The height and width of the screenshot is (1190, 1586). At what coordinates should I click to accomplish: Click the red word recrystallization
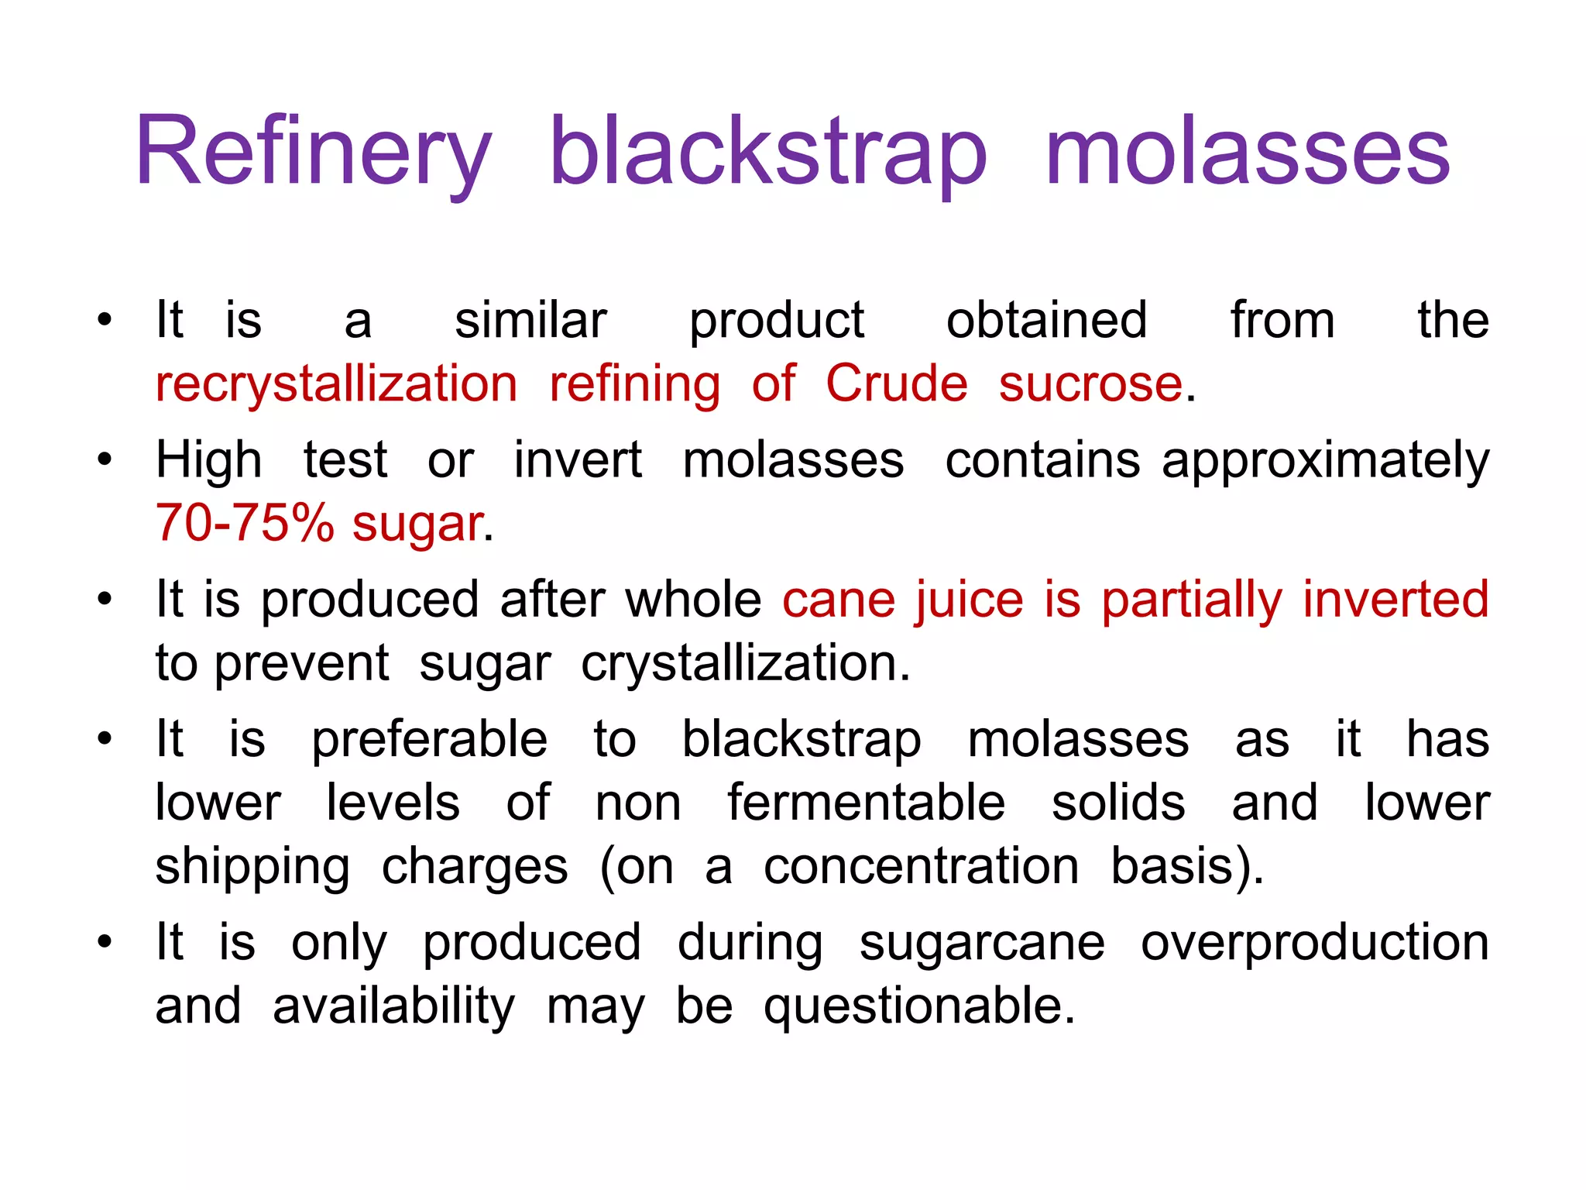pyautogui.click(x=336, y=383)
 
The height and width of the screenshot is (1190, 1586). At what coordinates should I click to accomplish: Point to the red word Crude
pyautogui.click(x=896, y=383)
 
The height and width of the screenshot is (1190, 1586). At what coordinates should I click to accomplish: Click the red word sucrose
pyautogui.click(x=1090, y=383)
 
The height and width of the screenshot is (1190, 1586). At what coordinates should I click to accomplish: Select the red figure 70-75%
pyautogui.click(x=245, y=523)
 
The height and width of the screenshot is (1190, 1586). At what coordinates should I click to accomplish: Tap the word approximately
pyautogui.click(x=1325, y=461)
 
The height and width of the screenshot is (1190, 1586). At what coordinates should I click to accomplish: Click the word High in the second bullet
pyautogui.click(x=208, y=459)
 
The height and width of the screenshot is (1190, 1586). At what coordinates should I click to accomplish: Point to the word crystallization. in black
pyautogui.click(x=745, y=664)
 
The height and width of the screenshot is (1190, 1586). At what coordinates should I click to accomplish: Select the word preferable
pyautogui.click(x=429, y=740)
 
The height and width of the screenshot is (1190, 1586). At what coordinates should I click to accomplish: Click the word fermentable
pyautogui.click(x=866, y=802)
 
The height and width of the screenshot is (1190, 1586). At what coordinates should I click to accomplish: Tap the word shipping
pyautogui.click(x=252, y=867)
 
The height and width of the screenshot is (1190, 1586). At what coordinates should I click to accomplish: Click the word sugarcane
pyautogui.click(x=981, y=944)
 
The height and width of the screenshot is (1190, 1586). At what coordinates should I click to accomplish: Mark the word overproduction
pyautogui.click(x=1314, y=944)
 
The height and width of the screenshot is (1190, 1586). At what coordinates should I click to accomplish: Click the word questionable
pyautogui.click(x=918, y=1006)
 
